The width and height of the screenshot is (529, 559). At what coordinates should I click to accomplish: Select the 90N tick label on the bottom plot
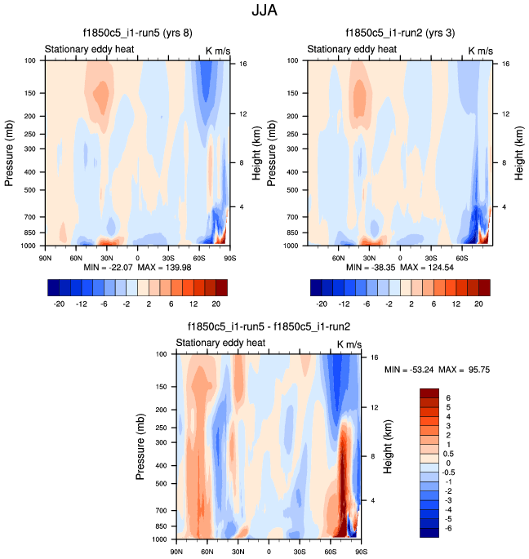(x=176, y=551)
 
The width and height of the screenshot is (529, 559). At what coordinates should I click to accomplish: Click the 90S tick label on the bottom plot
(x=360, y=551)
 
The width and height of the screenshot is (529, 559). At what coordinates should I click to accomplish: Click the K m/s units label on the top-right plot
(x=480, y=51)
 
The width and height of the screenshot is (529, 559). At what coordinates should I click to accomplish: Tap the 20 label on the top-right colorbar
(x=479, y=302)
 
